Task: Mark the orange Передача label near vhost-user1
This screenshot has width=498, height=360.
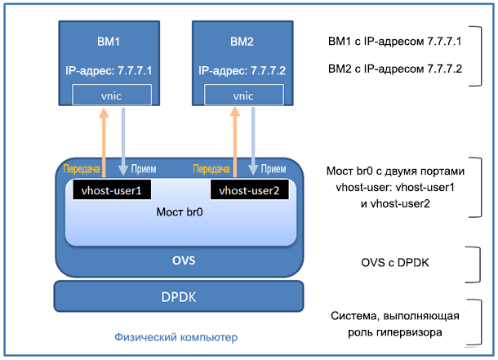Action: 81,170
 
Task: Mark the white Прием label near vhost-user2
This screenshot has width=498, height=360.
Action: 273,170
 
